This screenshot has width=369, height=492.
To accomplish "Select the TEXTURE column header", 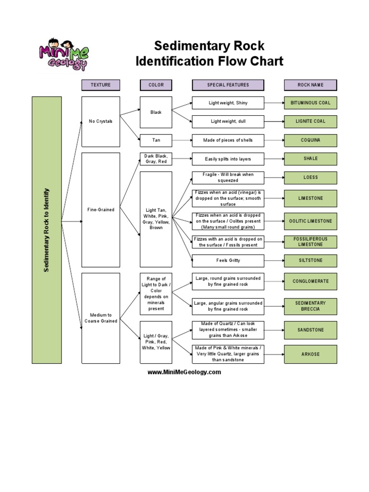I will tap(100, 85).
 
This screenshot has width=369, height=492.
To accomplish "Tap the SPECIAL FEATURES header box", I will tap(228, 85).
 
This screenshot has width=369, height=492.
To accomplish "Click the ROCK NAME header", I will tap(310, 85).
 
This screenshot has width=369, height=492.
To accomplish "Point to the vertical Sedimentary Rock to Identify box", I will tap(47, 230).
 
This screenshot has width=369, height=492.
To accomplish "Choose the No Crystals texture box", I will tap(100, 122).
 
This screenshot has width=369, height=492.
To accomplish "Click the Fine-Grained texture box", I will tap(100, 210).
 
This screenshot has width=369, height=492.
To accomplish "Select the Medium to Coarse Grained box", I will tap(100, 318).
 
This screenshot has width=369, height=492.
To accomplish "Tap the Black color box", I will tap(156, 112).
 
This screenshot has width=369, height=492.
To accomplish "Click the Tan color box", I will tap(156, 140).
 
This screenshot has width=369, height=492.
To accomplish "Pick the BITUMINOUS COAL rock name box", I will tap(310, 103).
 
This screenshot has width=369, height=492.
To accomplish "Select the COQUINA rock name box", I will tap(310, 140).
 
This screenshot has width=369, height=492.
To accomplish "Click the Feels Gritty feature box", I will tap(228, 260).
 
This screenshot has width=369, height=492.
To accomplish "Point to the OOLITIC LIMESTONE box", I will tap(310, 221).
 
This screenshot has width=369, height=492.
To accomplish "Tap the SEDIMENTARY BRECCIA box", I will tap(310, 306).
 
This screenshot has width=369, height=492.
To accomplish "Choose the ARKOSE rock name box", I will tap(310, 354).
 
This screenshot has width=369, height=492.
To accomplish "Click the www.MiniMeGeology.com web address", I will tap(184, 372).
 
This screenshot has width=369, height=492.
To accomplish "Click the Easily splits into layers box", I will tap(228, 159).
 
